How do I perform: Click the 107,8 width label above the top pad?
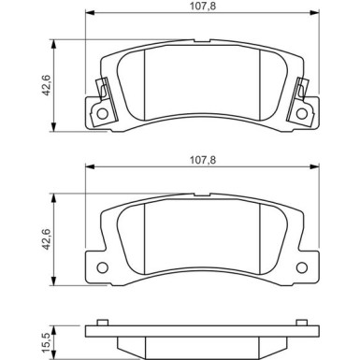click(x=203, y=7)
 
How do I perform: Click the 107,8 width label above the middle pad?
click(x=203, y=160)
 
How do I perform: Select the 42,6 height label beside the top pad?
click(x=47, y=85)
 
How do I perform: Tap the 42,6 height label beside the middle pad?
click(x=47, y=239)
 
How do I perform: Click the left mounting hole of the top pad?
click(x=103, y=113)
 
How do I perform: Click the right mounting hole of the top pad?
click(x=302, y=113)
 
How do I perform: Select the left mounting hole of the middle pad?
click(x=103, y=267)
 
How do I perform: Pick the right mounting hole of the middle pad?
click(x=302, y=267)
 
